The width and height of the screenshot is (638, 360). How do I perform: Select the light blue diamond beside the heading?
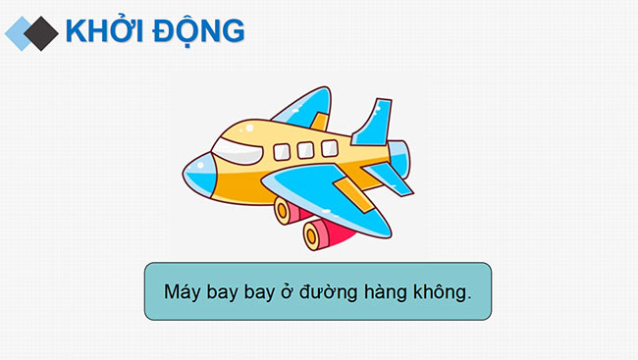coord(21,32)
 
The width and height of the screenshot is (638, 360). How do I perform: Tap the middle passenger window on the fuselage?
coord(305,149)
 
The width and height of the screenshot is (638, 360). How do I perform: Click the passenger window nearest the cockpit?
coord(283,152)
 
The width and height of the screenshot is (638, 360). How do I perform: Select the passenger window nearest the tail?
coord(329,147)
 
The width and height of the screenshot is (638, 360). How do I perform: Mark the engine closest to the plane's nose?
coord(288,209)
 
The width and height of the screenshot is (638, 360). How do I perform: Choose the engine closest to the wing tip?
coord(319,233)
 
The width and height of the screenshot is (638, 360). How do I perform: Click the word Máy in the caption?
coord(183,291)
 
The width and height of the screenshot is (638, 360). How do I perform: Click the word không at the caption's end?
coord(438,291)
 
